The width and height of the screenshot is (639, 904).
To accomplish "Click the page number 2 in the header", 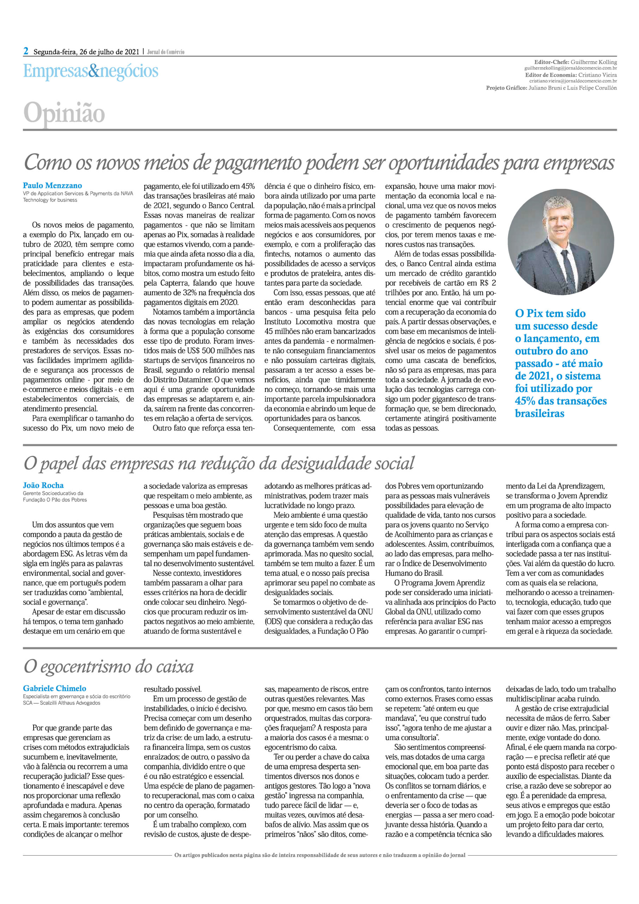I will (26, 51).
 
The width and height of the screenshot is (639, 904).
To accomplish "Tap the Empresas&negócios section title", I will (90, 71).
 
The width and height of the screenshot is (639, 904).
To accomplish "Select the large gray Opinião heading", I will (64, 113).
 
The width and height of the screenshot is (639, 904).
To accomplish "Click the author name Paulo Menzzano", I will (52, 185).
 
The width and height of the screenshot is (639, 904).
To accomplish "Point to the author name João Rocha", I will (43, 486).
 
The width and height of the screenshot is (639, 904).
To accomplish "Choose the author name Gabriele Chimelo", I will (55, 688).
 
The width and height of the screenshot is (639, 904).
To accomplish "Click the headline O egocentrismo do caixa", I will (109, 667).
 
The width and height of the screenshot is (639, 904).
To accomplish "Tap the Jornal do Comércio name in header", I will (165, 52).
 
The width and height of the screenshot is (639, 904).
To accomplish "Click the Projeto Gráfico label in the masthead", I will (506, 88).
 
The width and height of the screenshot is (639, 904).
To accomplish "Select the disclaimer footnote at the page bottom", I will (320, 855).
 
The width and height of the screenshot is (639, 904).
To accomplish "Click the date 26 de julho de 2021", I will (109, 52).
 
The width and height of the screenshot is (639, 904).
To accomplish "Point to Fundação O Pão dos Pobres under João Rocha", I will (55, 500).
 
